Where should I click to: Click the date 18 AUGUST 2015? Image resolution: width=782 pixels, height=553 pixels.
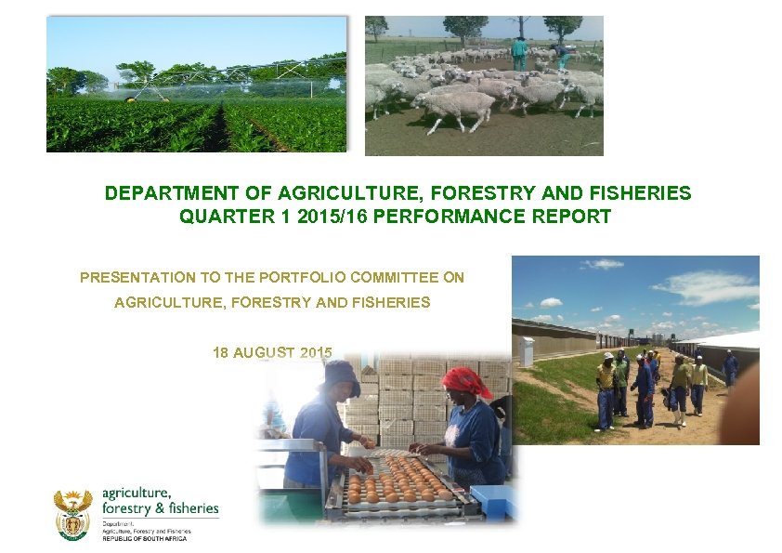pos(272,352)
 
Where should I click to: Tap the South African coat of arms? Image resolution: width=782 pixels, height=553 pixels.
pos(72,514)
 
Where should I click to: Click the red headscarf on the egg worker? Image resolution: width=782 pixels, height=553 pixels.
pos(465,381)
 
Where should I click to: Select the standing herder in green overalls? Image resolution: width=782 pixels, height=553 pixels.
pos(518,54)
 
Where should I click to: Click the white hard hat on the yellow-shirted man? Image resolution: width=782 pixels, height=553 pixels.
pos(607,355)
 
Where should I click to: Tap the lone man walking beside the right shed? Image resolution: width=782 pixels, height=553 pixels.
pos(730,368)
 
